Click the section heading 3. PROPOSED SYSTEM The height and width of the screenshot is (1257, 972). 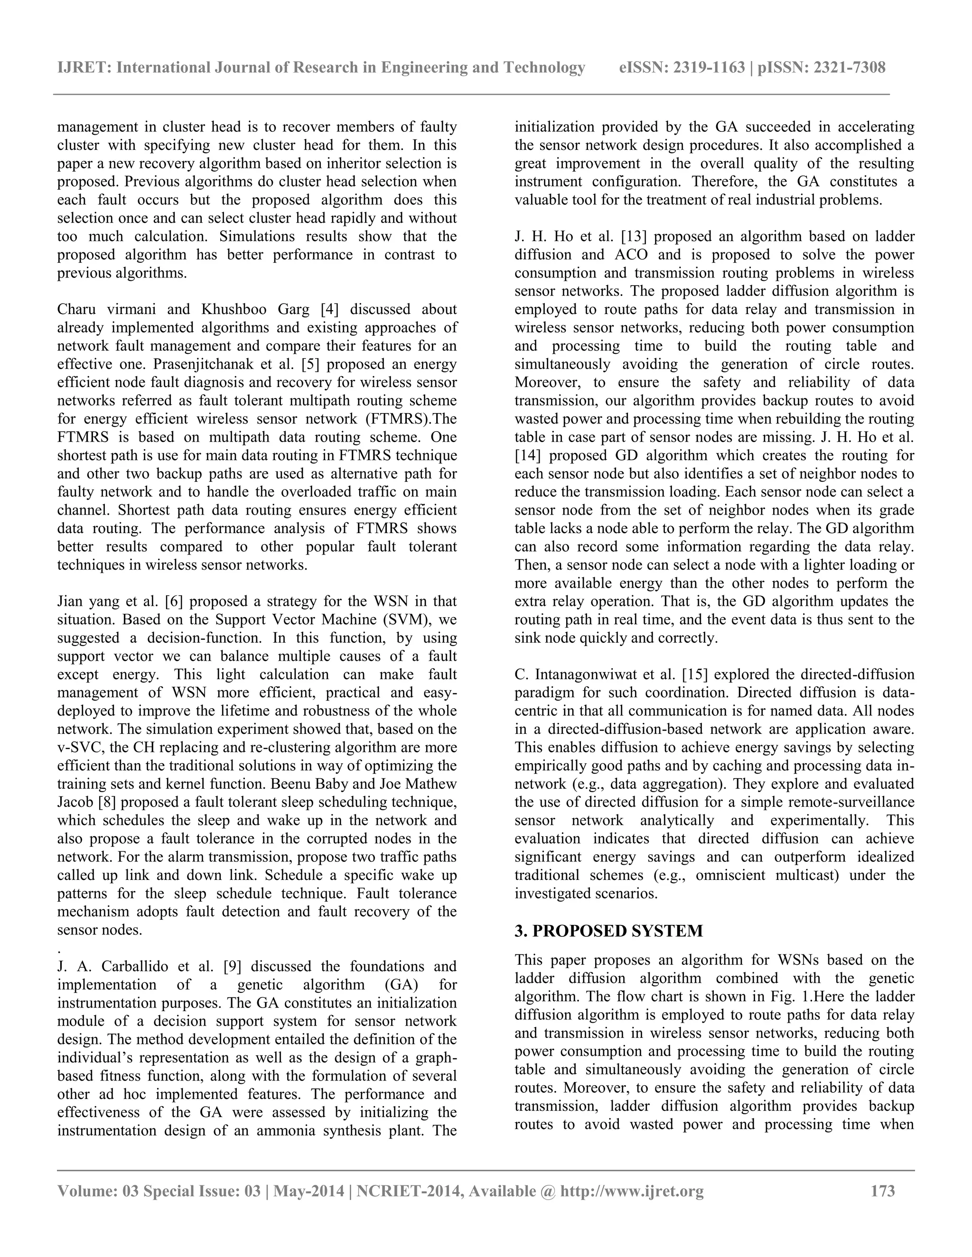click(608, 931)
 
